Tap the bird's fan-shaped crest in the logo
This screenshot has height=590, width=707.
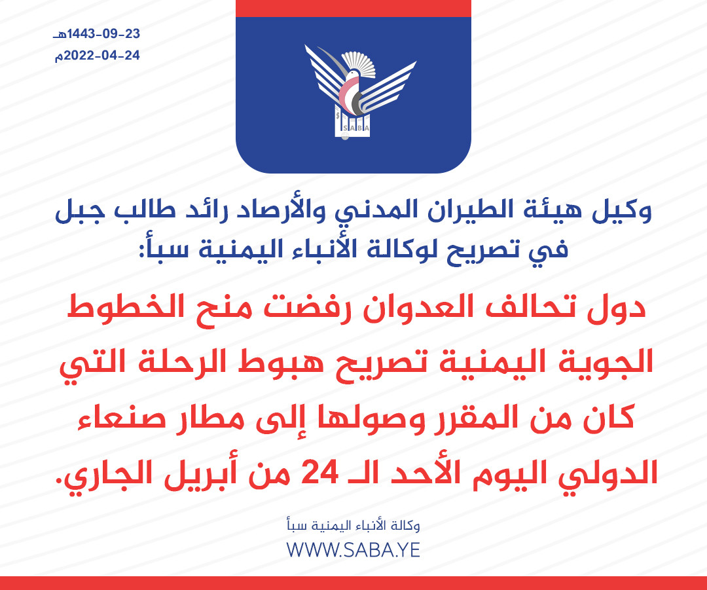[x=359, y=63]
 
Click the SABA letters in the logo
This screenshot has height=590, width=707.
[x=355, y=128]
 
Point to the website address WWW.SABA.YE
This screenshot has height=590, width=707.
[x=353, y=550]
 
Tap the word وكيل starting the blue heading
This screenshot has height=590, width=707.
[x=622, y=212]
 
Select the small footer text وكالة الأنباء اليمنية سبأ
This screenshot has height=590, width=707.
[x=353, y=525]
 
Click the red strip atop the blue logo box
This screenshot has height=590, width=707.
[x=353, y=8]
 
